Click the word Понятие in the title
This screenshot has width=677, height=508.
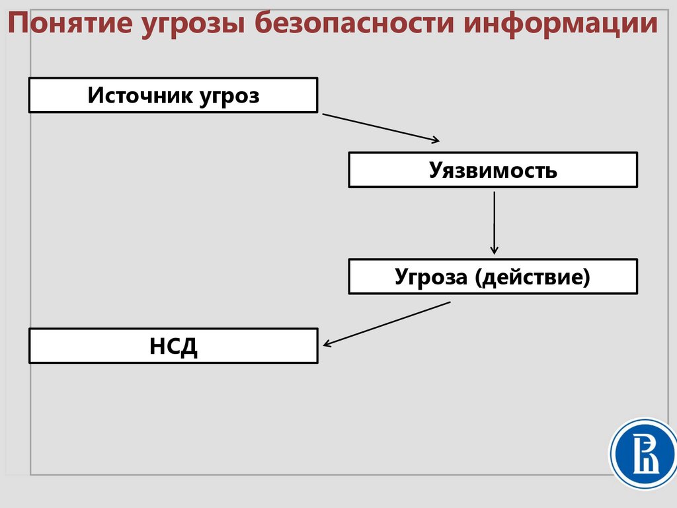[x=68, y=24]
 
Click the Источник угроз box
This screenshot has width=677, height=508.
[x=173, y=95]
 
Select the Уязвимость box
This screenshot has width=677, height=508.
[x=493, y=170]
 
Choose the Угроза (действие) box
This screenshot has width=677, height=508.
[x=493, y=276]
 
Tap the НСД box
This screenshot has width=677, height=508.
[x=173, y=345]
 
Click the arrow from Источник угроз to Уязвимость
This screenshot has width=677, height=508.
[x=380, y=127]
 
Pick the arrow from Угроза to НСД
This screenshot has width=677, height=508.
[x=387, y=323]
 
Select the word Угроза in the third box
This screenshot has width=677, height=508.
[x=430, y=276]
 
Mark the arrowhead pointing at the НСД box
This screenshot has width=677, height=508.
[x=328, y=343]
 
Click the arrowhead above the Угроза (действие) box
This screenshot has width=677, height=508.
[x=494, y=249]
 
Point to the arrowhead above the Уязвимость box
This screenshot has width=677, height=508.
[x=434, y=140]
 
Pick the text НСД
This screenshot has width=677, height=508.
[x=173, y=345]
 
